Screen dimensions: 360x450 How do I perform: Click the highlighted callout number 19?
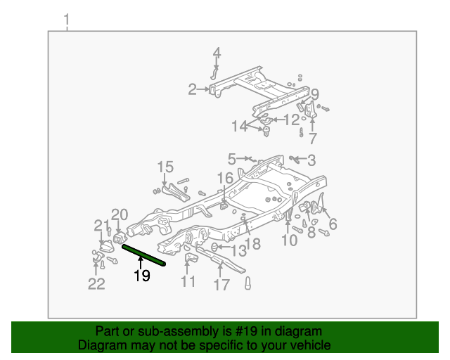(142, 276)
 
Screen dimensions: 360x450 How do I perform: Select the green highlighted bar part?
(144, 255)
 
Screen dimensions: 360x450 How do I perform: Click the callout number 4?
(217, 53)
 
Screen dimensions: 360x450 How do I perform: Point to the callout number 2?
(192, 89)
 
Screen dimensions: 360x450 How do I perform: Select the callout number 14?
(240, 126)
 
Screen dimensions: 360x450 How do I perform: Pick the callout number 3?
(311, 160)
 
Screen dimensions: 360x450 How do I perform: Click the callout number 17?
(221, 285)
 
